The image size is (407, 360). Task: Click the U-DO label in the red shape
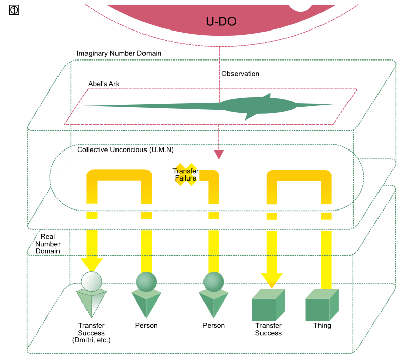pyautogui.click(x=221, y=21)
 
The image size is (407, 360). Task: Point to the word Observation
pyautogui.click(x=240, y=74)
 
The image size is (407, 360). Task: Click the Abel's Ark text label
pyautogui.click(x=104, y=84)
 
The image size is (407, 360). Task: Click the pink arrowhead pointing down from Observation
pyautogui.click(x=219, y=154)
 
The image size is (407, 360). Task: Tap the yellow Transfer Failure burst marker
pyautogui.click(x=186, y=174)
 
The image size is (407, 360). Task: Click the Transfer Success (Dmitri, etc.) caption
pyautogui.click(x=92, y=333)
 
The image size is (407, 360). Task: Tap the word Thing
pyautogui.click(x=322, y=326)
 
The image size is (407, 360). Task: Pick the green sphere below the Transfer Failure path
pyautogui.click(x=214, y=281)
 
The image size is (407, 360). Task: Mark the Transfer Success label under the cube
pyautogui.click(x=269, y=329)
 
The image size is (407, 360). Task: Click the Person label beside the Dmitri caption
pyautogui.click(x=146, y=326)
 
